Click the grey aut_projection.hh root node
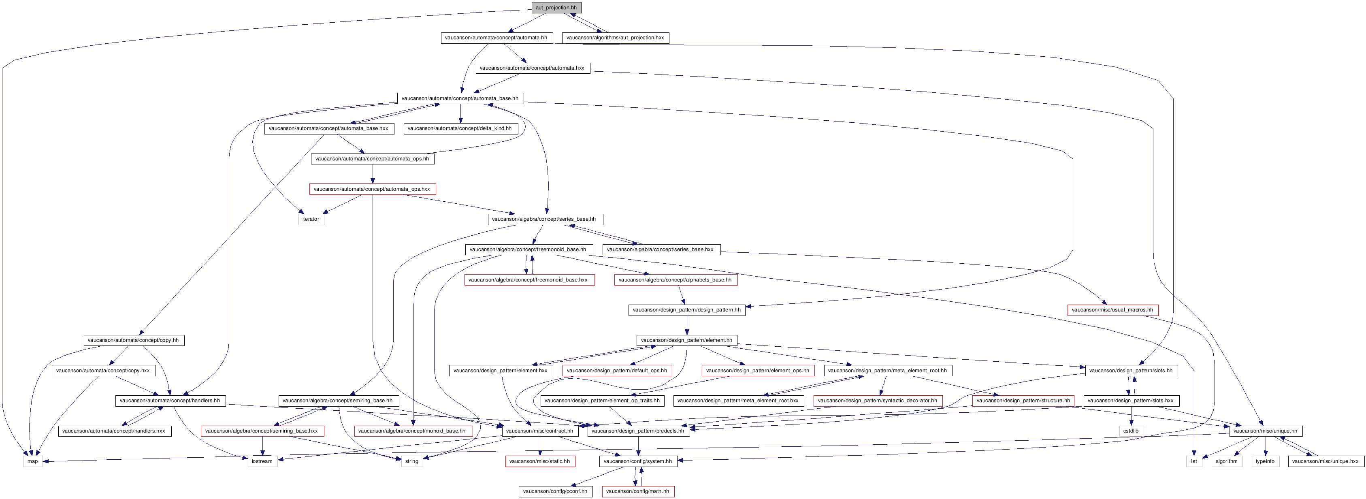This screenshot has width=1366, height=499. click(x=556, y=7)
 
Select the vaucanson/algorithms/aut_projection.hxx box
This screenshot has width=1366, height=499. click(x=616, y=38)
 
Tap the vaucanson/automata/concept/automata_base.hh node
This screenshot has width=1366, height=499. click(x=460, y=98)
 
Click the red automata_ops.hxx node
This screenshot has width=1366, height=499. click(x=372, y=189)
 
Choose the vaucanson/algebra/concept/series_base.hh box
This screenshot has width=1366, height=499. click(x=545, y=219)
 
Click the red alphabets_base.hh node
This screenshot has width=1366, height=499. click(x=676, y=279)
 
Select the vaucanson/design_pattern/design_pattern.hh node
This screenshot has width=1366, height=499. click(x=687, y=310)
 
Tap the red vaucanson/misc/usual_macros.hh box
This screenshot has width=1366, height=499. click(x=1112, y=310)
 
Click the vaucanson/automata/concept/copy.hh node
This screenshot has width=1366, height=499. click(x=134, y=340)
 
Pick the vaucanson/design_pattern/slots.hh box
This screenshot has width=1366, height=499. click(x=1132, y=370)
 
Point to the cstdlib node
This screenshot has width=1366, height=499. click(x=1131, y=431)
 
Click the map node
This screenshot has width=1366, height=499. click(x=33, y=461)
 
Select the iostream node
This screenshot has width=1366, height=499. click(x=262, y=461)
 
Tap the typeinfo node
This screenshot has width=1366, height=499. click(x=1265, y=461)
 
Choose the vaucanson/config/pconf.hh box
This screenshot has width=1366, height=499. click(x=556, y=491)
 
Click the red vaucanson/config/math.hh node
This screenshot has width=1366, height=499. click(x=638, y=491)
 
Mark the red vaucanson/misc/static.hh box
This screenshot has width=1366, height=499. click(x=540, y=461)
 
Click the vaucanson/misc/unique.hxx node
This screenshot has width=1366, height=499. click(x=1326, y=461)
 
